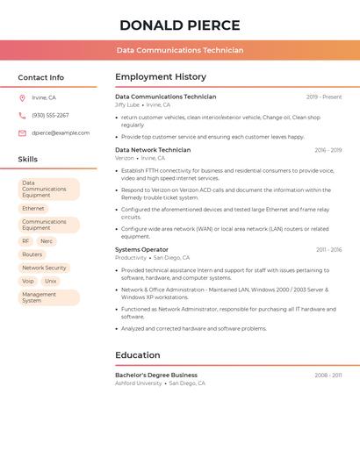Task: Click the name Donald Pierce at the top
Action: click(x=180, y=25)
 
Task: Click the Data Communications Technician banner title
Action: click(x=180, y=50)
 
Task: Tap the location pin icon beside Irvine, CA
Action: click(x=22, y=97)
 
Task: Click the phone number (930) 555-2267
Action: click(x=50, y=115)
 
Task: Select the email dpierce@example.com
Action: click(x=61, y=132)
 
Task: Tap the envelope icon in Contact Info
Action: click(x=22, y=133)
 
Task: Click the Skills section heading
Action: click(x=28, y=159)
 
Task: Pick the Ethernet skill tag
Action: click(x=33, y=209)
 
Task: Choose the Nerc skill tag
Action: click(x=47, y=240)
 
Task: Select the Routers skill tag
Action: click(x=32, y=254)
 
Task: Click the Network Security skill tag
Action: click(x=44, y=268)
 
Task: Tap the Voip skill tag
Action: click(x=28, y=281)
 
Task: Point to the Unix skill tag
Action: click(x=50, y=281)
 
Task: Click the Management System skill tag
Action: click(x=39, y=297)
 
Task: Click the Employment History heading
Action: click(x=161, y=77)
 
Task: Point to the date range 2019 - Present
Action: click(x=324, y=97)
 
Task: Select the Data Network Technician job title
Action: click(x=153, y=150)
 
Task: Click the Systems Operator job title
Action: click(x=141, y=249)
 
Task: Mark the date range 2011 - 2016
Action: click(x=329, y=249)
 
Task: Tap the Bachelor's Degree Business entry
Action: click(x=156, y=375)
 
